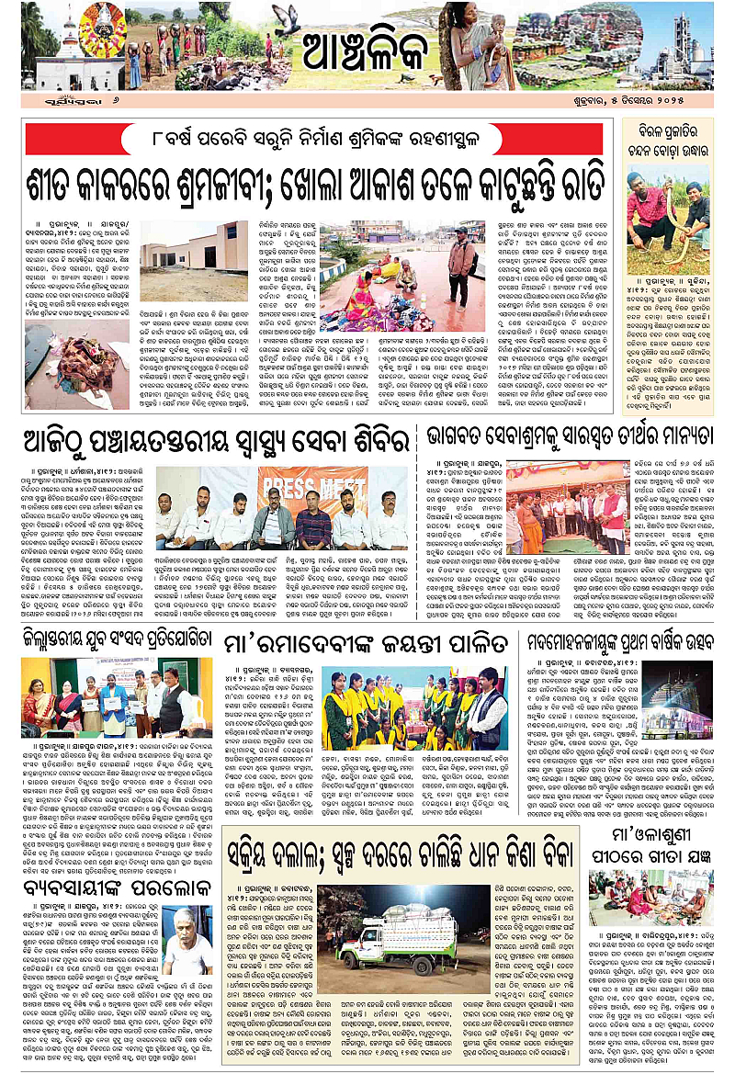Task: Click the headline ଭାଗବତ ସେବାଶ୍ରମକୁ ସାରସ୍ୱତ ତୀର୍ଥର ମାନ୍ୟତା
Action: (x=568, y=440)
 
